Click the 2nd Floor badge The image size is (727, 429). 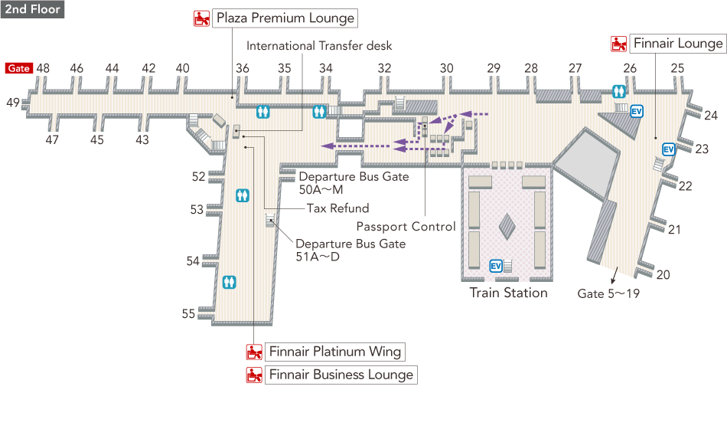(x=32, y=10)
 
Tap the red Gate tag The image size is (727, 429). (x=19, y=68)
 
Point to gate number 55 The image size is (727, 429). (x=188, y=313)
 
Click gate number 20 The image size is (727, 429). (x=663, y=275)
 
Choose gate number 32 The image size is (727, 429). (x=384, y=68)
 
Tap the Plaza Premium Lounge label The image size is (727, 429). (x=285, y=18)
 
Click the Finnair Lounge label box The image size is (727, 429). (x=677, y=44)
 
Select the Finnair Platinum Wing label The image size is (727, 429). (x=334, y=352)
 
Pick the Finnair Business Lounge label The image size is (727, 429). (x=341, y=375)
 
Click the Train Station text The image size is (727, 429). (x=508, y=293)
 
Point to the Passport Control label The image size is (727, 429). (x=406, y=227)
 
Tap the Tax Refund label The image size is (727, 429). (x=337, y=208)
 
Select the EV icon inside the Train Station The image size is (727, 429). (x=495, y=266)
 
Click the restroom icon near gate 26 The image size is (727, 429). (x=619, y=91)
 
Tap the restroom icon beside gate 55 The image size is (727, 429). (x=229, y=282)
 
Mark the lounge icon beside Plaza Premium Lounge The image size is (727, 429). (x=201, y=18)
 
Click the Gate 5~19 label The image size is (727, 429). (x=608, y=293)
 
